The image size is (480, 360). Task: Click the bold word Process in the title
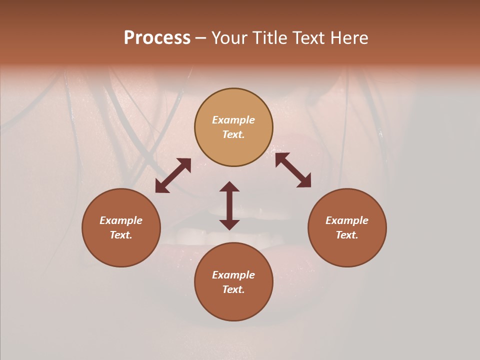pos(157,38)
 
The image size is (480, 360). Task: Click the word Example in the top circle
pos(233,120)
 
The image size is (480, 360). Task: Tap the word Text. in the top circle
pos(233,134)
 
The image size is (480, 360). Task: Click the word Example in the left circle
pos(121,220)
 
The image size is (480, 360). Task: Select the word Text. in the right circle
pos(347,235)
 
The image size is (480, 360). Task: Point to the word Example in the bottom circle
pos(233,275)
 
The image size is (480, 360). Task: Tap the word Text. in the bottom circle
pos(233,289)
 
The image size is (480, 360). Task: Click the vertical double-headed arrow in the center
pos(229,205)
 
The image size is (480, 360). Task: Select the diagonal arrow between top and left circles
pos(173,175)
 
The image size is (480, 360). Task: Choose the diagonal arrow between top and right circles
pos(293,170)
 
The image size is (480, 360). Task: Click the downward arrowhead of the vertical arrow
pos(229,224)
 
